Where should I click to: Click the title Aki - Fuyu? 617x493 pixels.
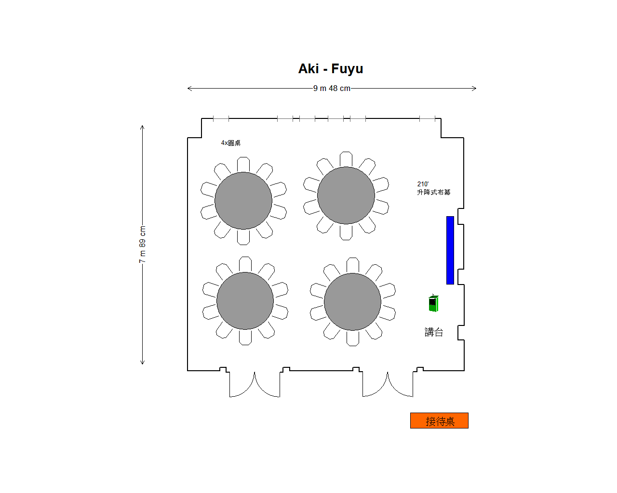click(331, 69)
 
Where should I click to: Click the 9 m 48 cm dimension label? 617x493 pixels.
click(332, 89)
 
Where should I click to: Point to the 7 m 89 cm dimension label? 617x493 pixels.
click(142, 245)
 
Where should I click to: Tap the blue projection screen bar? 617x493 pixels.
click(450, 250)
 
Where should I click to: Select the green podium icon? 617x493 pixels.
click(433, 303)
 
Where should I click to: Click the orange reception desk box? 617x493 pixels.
click(439, 421)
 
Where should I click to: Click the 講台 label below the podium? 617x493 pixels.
click(434, 332)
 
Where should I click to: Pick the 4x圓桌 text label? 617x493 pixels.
click(231, 143)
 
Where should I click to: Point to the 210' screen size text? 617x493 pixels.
click(423, 184)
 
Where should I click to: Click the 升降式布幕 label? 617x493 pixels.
click(434, 192)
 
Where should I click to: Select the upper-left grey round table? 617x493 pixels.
click(243, 201)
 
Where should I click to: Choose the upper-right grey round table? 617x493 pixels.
click(346, 195)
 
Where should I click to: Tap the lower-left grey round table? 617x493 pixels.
click(245, 301)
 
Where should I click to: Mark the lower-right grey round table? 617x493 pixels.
click(352, 302)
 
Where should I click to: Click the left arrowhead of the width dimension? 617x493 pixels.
click(188, 89)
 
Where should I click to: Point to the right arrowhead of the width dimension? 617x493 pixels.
click(475, 89)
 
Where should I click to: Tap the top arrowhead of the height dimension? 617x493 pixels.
click(142, 126)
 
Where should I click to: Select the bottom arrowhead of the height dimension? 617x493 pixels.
click(142, 363)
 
